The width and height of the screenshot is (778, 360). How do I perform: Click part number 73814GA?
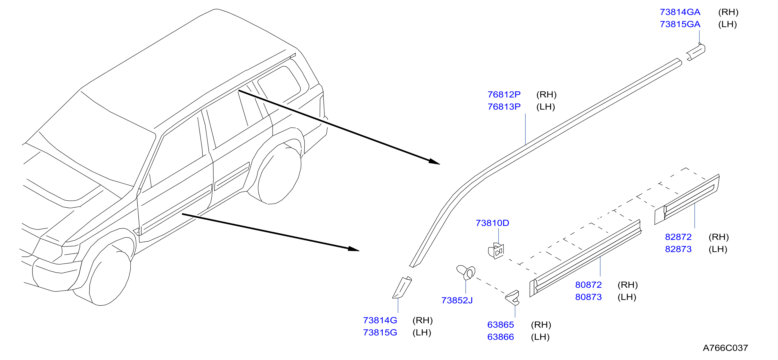click(x=680, y=12)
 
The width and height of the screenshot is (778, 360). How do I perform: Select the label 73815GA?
click(x=680, y=24)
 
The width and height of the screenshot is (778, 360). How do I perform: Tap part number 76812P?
click(x=504, y=95)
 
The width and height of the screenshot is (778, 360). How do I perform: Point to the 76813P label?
click(x=504, y=106)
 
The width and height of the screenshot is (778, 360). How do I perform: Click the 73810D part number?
click(x=492, y=223)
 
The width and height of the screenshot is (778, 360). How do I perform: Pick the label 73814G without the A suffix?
click(x=380, y=320)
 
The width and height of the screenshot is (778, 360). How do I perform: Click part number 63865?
click(x=500, y=325)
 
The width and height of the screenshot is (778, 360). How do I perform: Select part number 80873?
click(x=588, y=297)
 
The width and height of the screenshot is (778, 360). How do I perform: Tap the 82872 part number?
click(x=678, y=237)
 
